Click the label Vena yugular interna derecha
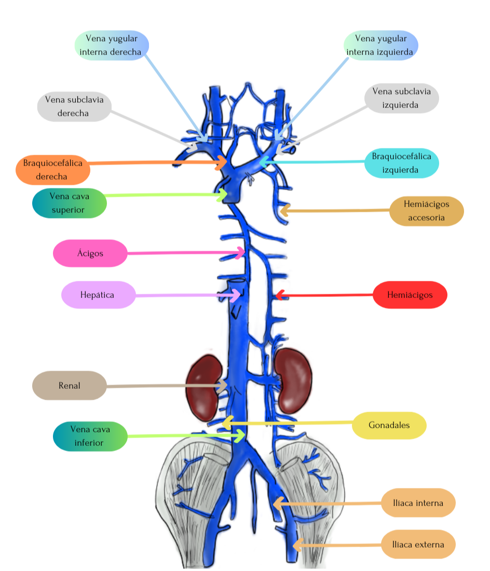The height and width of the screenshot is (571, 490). [112, 45]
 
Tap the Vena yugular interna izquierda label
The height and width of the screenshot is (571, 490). [380, 45]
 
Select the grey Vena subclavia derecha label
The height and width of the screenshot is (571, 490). [74, 106]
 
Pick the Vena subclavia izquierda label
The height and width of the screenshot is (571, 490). [401, 99]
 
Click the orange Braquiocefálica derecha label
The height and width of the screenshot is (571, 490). [52, 169]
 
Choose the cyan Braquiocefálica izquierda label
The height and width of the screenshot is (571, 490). [401, 163]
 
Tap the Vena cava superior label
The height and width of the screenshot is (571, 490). [69, 203]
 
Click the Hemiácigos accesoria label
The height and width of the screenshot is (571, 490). [426, 210]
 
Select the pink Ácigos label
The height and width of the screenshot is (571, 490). [90, 253]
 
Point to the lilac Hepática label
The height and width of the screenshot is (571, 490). [98, 295]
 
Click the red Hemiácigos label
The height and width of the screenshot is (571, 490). [410, 295]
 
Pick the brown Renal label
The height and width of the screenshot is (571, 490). [69, 385]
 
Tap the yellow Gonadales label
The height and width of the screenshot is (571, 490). [389, 425]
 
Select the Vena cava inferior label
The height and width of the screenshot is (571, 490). [90, 436]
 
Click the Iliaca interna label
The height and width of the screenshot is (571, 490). [418, 502]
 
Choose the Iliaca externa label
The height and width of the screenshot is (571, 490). [418, 544]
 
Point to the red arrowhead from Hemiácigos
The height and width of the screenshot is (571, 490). [278, 295]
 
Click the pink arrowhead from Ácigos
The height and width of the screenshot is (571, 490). [242, 253]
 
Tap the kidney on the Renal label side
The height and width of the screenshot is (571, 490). [205, 386]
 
